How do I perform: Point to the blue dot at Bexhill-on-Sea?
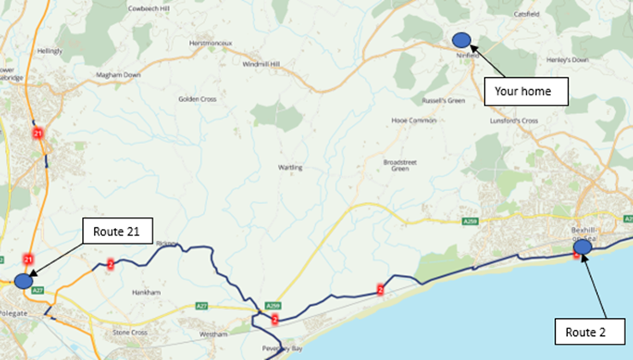582,248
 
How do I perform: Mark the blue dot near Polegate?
23,280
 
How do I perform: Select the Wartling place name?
291,167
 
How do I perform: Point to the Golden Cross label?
197,99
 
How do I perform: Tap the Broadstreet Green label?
403,165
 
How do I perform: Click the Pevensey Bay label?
280,351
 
